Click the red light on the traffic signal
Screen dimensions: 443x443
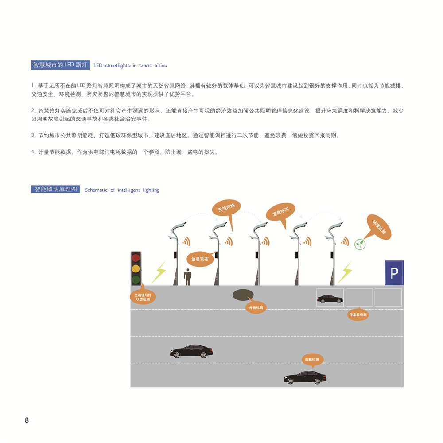pyautogui.click(x=136, y=258)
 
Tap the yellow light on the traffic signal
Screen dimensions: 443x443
pyautogui.click(x=136, y=268)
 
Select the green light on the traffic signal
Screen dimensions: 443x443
pyautogui.click(x=136, y=280)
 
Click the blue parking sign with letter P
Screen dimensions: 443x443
pyautogui.click(x=394, y=273)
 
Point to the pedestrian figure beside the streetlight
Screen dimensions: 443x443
pyautogui.click(x=187, y=277)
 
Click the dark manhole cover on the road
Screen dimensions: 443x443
pyautogui.click(x=243, y=295)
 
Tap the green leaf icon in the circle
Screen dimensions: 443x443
pyautogui.click(x=360, y=245)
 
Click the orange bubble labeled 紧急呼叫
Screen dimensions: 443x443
pyautogui.click(x=280, y=212)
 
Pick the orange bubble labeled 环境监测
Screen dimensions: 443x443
pyautogui.click(x=379, y=227)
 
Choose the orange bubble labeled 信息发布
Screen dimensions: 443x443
pyautogui.click(x=200, y=259)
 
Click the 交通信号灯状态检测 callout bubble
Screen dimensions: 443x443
pyautogui.click(x=143, y=297)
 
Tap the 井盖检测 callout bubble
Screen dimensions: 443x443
pyautogui.click(x=256, y=307)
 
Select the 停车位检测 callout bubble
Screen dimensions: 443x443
pyautogui.click(x=358, y=315)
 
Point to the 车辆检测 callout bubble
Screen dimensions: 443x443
pyautogui.click(x=312, y=360)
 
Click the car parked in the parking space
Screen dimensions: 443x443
pyautogui.click(x=330, y=299)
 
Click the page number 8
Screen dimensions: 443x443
pyautogui.click(x=27, y=420)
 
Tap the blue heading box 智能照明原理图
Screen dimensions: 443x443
pyautogui.click(x=56, y=189)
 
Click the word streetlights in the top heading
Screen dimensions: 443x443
pyautogui.click(x=117, y=66)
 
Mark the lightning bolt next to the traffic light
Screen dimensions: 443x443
pyautogui.click(x=159, y=272)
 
